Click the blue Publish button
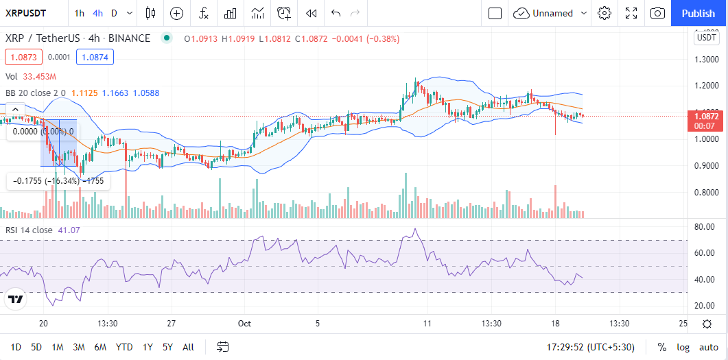tap(698, 13)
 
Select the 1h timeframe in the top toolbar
tap(80, 13)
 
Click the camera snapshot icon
tap(657, 13)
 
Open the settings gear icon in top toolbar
tap(604, 13)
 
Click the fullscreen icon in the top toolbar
tap(631, 13)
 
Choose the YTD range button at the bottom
tap(124, 347)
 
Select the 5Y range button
tap(167, 347)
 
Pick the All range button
tap(189, 347)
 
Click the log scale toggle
tap(683, 347)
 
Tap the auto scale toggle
tap(709, 347)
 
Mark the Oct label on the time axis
tap(245, 323)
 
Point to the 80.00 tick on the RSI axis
tap(705, 227)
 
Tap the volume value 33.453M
tap(39, 77)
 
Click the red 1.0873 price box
tap(23, 57)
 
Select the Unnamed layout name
tap(552, 13)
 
